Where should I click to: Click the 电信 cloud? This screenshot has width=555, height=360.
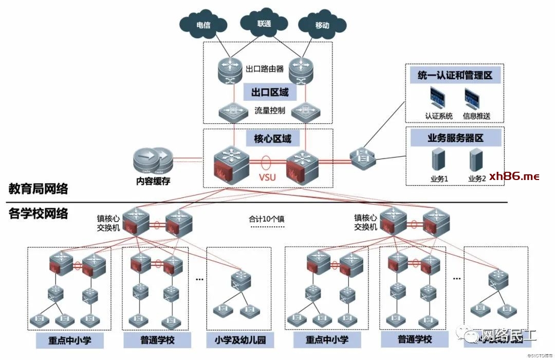pyautogui.click(x=203, y=25)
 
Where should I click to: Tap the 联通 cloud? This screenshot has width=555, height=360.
pyautogui.click(x=264, y=24)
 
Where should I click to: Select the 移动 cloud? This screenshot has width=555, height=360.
pyautogui.click(x=322, y=25)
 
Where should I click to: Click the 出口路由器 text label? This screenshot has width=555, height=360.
pyautogui.click(x=265, y=69)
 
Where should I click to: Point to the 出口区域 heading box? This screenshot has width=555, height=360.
pyautogui.click(x=270, y=93)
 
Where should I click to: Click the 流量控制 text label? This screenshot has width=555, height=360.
pyautogui.click(x=269, y=111)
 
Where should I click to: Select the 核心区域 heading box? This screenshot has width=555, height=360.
pyautogui.click(x=272, y=138)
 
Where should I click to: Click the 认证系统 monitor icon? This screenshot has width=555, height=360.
pyautogui.click(x=438, y=97)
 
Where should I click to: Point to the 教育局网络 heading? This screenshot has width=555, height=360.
pyautogui.click(x=39, y=189)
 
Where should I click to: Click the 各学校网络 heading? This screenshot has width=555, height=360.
pyautogui.click(x=39, y=213)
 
